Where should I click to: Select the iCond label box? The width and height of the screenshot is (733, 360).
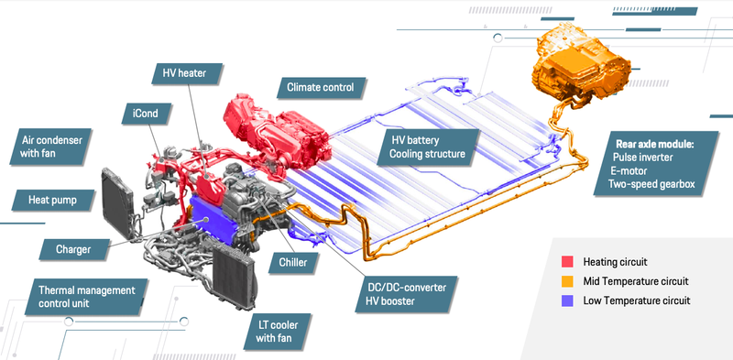147,114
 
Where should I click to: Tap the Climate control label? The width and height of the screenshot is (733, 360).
321,87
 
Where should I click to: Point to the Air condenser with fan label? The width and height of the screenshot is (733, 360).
50,147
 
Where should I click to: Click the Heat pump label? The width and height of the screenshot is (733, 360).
53,200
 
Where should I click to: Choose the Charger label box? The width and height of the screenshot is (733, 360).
74,249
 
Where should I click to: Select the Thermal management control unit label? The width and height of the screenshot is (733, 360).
87,297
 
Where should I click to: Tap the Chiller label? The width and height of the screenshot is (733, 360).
293,262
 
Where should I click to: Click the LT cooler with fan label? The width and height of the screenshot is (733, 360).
278,332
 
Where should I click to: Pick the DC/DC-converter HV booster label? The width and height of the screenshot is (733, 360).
406,294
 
